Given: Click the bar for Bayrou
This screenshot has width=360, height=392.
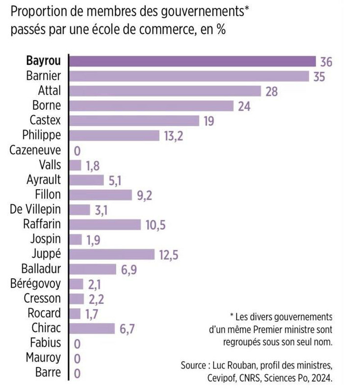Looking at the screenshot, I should click(x=192, y=61).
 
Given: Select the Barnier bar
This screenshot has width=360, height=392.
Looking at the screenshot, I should click(x=189, y=76).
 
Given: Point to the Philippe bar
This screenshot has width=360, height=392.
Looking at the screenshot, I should click(x=114, y=135).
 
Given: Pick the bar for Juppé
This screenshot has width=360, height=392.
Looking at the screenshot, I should click(x=111, y=254).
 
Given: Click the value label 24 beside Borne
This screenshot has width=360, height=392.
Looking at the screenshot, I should click(x=244, y=106).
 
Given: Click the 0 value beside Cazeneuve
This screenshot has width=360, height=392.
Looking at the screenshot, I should click(x=77, y=151).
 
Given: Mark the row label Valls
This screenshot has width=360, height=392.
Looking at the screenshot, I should click(x=49, y=165).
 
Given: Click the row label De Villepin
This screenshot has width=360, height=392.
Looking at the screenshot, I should click(x=35, y=209).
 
